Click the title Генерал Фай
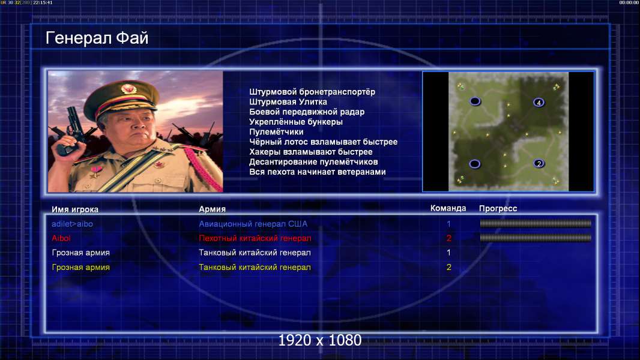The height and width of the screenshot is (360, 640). click(x=97, y=38)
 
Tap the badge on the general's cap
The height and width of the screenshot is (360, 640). click(x=128, y=88)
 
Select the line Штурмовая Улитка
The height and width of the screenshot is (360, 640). click(x=288, y=102)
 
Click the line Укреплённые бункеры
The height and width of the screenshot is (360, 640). click(x=296, y=122)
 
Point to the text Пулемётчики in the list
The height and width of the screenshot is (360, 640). click(x=276, y=131)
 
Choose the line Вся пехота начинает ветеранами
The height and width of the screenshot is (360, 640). click(x=317, y=172)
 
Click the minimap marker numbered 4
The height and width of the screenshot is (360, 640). click(x=539, y=103)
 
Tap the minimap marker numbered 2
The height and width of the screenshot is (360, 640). click(x=539, y=163)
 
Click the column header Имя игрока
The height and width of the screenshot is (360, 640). click(x=74, y=209)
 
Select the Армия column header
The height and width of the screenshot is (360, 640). click(x=213, y=209)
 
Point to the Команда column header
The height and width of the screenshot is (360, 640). click(x=448, y=208)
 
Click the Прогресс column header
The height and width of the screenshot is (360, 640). click(x=498, y=209)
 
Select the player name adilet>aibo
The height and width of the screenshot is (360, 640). click(x=72, y=224)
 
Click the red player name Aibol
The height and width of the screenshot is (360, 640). click(x=61, y=238)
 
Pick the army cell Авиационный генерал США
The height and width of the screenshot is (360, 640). click(x=253, y=224)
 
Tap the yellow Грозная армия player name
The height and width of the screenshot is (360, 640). click(x=81, y=268)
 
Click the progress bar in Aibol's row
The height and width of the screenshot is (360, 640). click(x=536, y=238)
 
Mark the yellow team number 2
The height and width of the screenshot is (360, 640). click(x=448, y=268)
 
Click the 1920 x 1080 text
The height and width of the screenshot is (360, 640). click(x=319, y=340)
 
